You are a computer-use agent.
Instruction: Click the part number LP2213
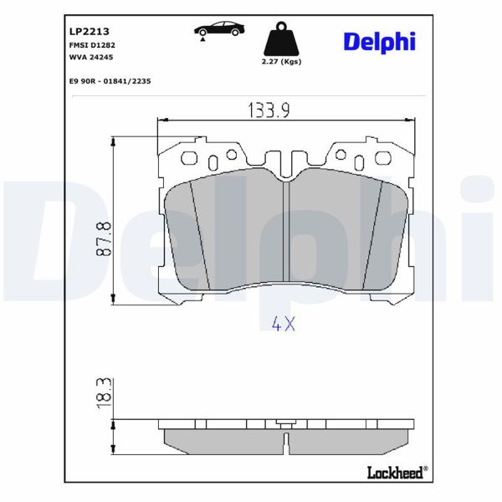click(x=86, y=30)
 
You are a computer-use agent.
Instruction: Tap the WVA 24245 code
click(x=91, y=57)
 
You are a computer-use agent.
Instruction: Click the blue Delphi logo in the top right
click(x=378, y=41)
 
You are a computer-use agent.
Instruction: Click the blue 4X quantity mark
click(x=284, y=325)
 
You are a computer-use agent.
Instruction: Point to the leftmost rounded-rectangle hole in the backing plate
click(x=212, y=161)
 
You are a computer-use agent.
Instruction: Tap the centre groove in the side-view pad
click(x=287, y=437)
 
